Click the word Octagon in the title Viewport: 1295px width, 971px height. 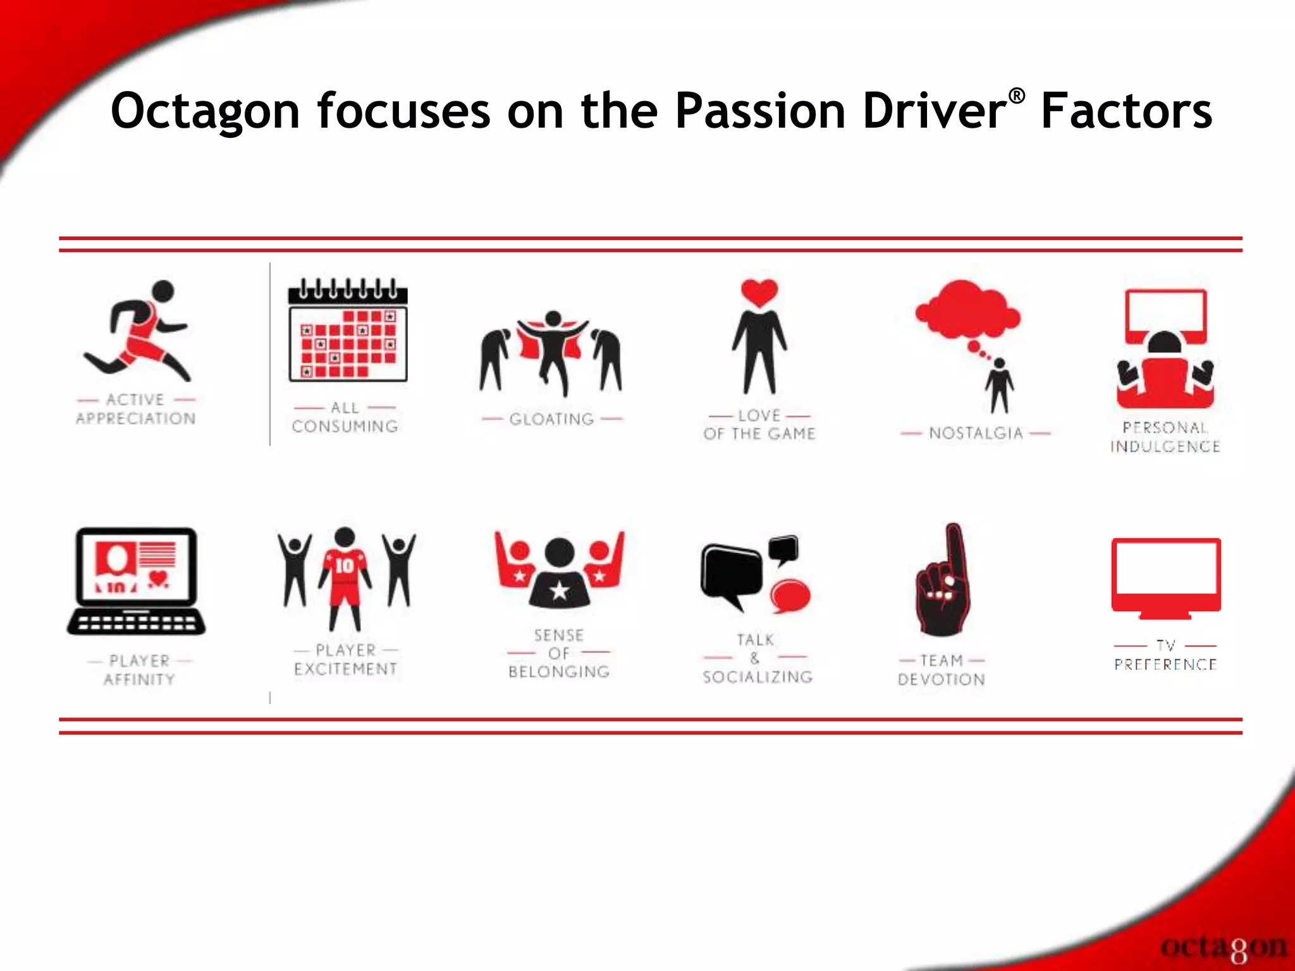tap(205, 112)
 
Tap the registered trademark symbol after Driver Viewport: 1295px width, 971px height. tap(1016, 96)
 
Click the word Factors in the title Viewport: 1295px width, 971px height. tap(1126, 112)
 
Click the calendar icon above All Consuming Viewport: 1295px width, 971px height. tap(348, 332)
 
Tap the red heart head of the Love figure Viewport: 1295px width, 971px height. tap(759, 293)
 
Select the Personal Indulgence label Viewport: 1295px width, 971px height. tap(1165, 437)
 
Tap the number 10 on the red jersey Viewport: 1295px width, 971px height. tap(345, 565)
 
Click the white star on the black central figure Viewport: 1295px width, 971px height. tap(559, 591)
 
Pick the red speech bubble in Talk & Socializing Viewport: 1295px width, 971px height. tap(790, 596)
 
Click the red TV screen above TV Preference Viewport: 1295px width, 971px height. tap(1166, 575)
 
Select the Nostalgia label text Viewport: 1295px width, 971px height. tap(975, 433)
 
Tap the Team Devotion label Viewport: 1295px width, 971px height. tap(941, 670)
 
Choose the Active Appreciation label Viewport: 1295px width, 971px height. tap(136, 409)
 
